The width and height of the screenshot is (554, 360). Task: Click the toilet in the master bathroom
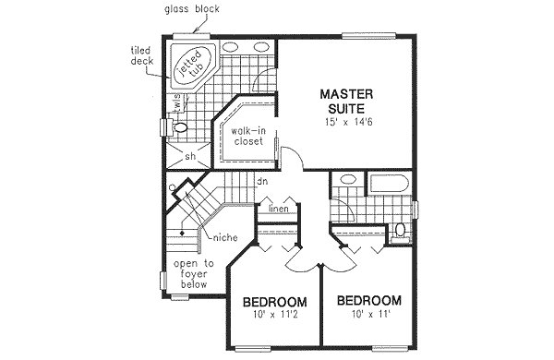pos(180,126)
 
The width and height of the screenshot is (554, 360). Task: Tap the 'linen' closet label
pos(280,209)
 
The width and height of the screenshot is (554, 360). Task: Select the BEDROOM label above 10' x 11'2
pos(274,303)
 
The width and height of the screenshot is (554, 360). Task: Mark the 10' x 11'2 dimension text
pos(274,318)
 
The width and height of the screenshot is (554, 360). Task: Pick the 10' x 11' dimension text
pos(368,317)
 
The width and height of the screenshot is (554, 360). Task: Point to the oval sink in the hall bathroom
pos(347,181)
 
